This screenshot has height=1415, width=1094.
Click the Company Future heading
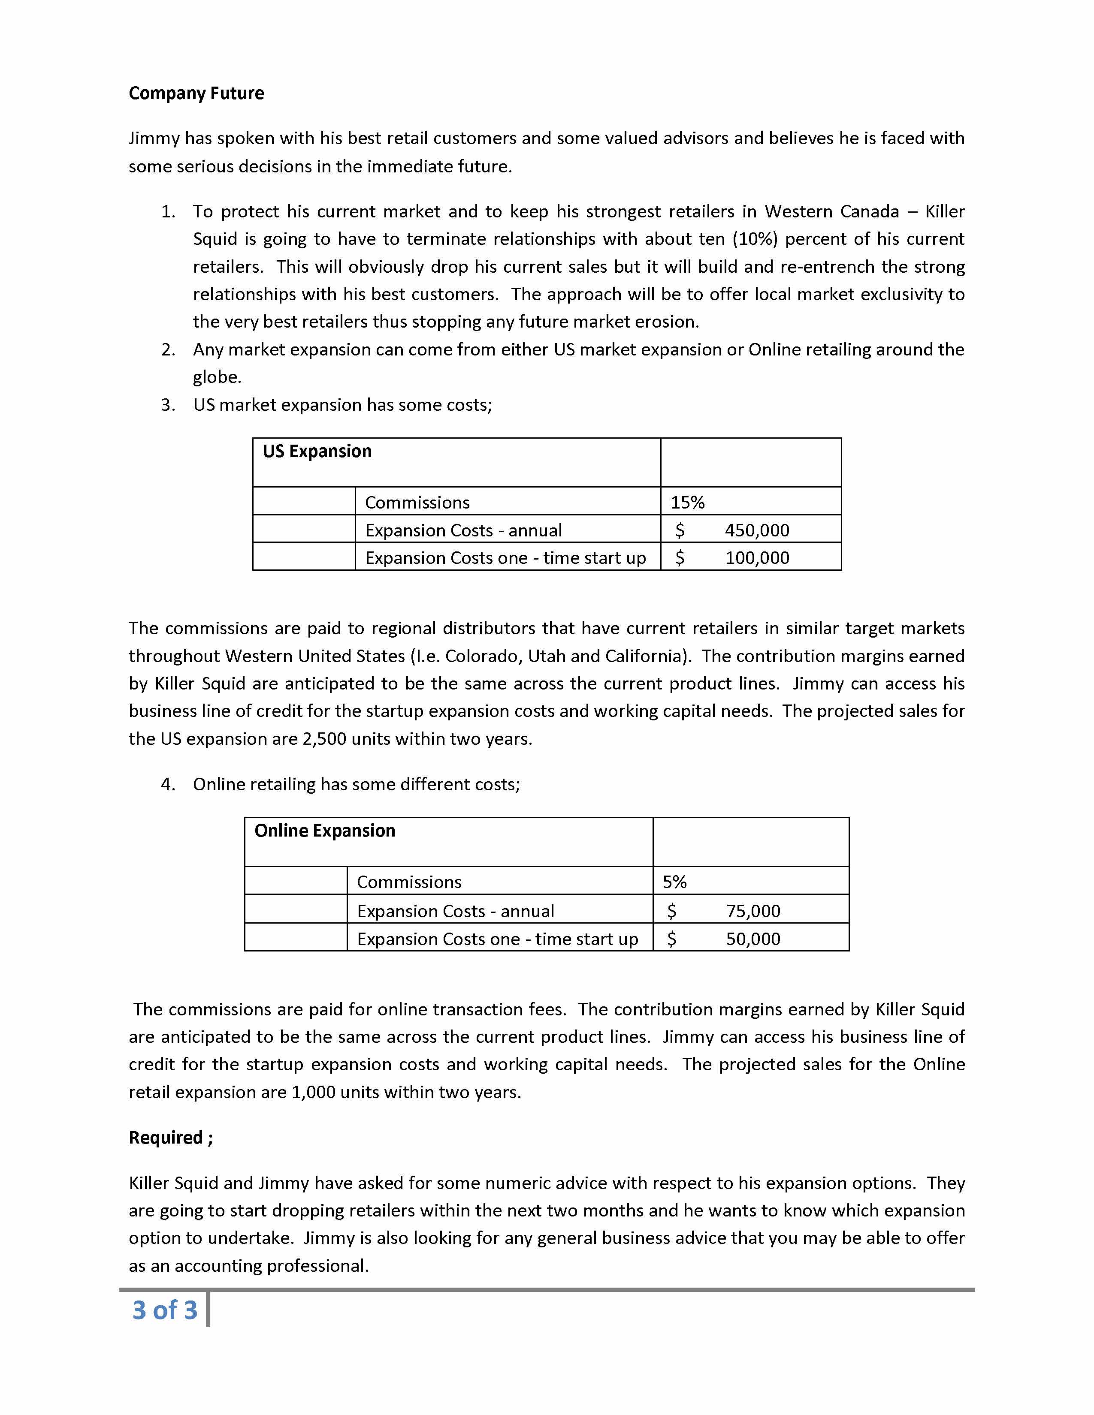[x=196, y=93]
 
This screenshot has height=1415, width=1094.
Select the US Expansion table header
[x=317, y=452]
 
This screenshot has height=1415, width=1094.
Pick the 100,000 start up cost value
[x=757, y=558]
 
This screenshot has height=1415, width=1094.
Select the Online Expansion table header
[x=325, y=831]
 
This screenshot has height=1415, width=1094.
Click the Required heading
[x=170, y=1138]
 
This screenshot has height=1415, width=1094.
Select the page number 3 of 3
[x=165, y=1310]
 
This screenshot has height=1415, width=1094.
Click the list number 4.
[x=168, y=785]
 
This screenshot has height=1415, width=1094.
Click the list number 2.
[x=168, y=350]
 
